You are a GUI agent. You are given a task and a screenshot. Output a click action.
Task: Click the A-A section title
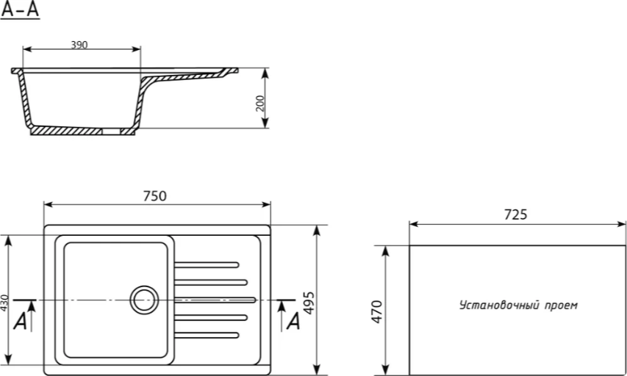pos(20,10)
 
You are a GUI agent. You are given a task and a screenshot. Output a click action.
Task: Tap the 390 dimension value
pos(79,45)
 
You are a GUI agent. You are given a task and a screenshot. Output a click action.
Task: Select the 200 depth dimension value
pos(260,103)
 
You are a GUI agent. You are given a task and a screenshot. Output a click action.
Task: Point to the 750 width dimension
pos(155,196)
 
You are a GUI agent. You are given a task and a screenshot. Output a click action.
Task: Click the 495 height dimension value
pos(309,303)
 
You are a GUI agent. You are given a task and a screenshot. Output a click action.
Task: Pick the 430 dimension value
pos(4,304)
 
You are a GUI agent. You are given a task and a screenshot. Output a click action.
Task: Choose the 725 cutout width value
pos(515,214)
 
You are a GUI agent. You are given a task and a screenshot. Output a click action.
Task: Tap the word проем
pos(561,305)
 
